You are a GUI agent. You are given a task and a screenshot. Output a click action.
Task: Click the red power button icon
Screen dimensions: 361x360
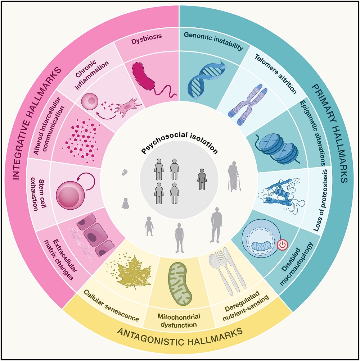coord(282,245)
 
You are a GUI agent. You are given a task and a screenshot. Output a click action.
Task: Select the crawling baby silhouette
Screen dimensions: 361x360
coord(126,204)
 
